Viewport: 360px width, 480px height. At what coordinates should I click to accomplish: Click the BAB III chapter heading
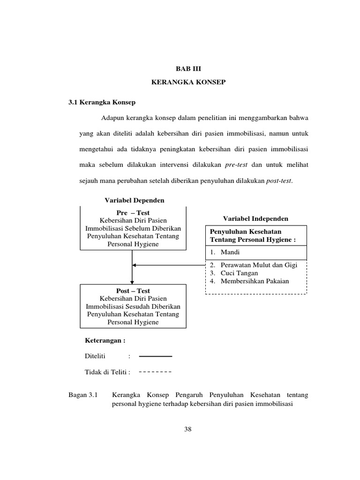pos(187,68)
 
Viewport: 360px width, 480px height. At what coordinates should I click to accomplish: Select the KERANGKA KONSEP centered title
pos(188,82)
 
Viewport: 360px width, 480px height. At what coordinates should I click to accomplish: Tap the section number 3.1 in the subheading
pos(74,101)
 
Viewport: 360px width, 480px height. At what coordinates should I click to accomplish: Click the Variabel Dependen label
pos(135,200)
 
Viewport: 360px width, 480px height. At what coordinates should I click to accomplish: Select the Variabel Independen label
pos(255,218)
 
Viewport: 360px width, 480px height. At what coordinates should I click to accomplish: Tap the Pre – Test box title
pos(133,213)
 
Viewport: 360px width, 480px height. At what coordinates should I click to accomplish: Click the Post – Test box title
pos(133,291)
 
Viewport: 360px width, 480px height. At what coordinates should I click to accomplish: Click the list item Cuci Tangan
pos(236,273)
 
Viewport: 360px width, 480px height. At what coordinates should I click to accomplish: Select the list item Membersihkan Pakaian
pos(252,281)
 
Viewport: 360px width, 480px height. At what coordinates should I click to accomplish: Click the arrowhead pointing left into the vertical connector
pos(135,265)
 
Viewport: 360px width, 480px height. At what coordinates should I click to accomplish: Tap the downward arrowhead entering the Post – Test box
pos(133,281)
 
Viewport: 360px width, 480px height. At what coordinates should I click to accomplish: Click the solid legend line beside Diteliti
pos(156,357)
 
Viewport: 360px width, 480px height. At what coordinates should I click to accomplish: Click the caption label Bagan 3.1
pos(82,395)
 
